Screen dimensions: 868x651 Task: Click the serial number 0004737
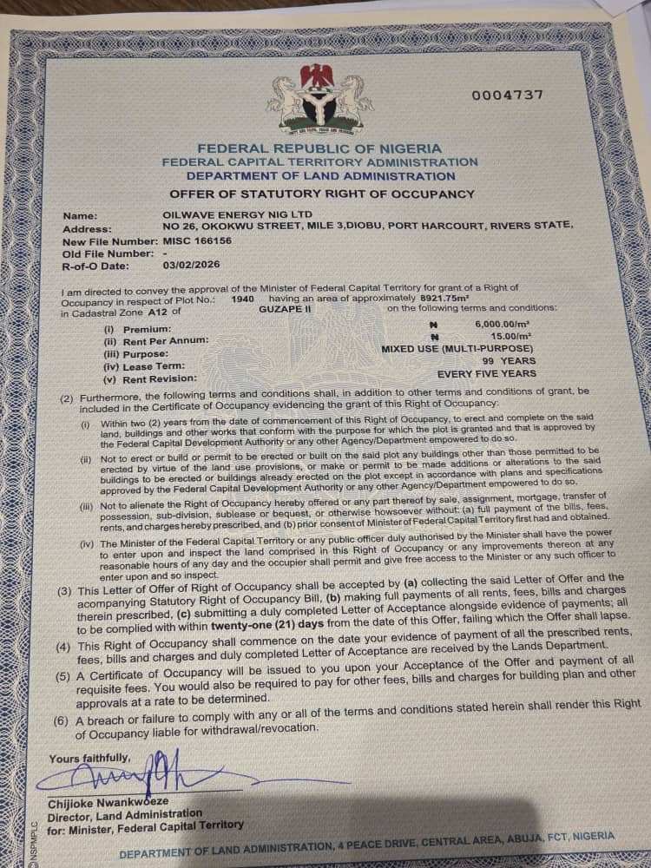point(508,95)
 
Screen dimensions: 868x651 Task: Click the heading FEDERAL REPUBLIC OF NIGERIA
point(319,148)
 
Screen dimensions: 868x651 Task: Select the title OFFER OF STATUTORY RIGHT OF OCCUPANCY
point(322,194)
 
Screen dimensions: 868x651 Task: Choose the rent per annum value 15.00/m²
point(512,336)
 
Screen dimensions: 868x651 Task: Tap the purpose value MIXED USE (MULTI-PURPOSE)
point(459,348)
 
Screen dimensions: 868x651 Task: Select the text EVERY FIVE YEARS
point(487,373)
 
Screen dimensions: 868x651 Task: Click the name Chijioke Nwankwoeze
point(108,800)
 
